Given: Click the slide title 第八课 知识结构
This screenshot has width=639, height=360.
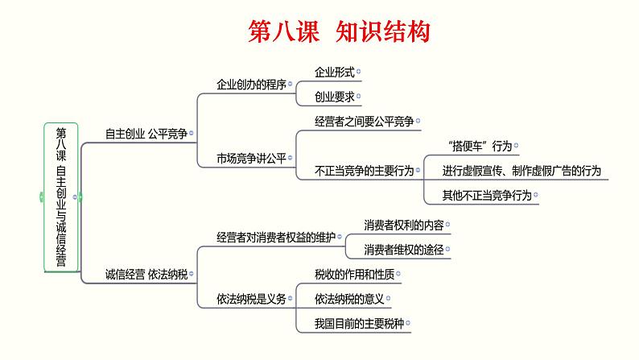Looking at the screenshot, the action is click(x=337, y=32).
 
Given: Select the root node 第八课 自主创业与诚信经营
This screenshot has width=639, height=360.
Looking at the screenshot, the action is click(x=61, y=197).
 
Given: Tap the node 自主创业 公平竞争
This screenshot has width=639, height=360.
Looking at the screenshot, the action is click(x=146, y=134).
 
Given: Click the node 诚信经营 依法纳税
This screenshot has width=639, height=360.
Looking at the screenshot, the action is click(x=146, y=274).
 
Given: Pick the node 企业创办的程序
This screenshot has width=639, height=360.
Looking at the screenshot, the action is click(x=251, y=84).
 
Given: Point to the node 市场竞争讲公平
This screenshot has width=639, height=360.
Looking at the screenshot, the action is click(x=251, y=157).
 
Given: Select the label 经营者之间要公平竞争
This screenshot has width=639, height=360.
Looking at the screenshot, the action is click(x=363, y=121).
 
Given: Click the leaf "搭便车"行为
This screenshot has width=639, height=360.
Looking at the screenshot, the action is click(x=477, y=147).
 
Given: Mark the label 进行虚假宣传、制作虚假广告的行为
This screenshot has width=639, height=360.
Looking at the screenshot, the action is click(x=521, y=171).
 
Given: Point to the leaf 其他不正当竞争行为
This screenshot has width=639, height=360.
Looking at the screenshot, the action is click(x=487, y=195).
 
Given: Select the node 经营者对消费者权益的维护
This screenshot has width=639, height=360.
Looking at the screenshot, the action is click(x=275, y=237).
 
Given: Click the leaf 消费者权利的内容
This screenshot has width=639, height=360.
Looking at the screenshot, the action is click(x=403, y=224).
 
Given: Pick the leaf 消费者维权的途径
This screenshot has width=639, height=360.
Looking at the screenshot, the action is click(x=403, y=250).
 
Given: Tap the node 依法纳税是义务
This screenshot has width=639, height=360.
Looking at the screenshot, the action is click(x=251, y=299).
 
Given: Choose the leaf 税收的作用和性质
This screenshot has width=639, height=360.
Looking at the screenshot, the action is click(x=355, y=274).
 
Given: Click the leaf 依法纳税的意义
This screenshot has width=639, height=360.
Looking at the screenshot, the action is click(x=350, y=299).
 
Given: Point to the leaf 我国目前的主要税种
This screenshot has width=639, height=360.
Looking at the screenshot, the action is click(x=360, y=324).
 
